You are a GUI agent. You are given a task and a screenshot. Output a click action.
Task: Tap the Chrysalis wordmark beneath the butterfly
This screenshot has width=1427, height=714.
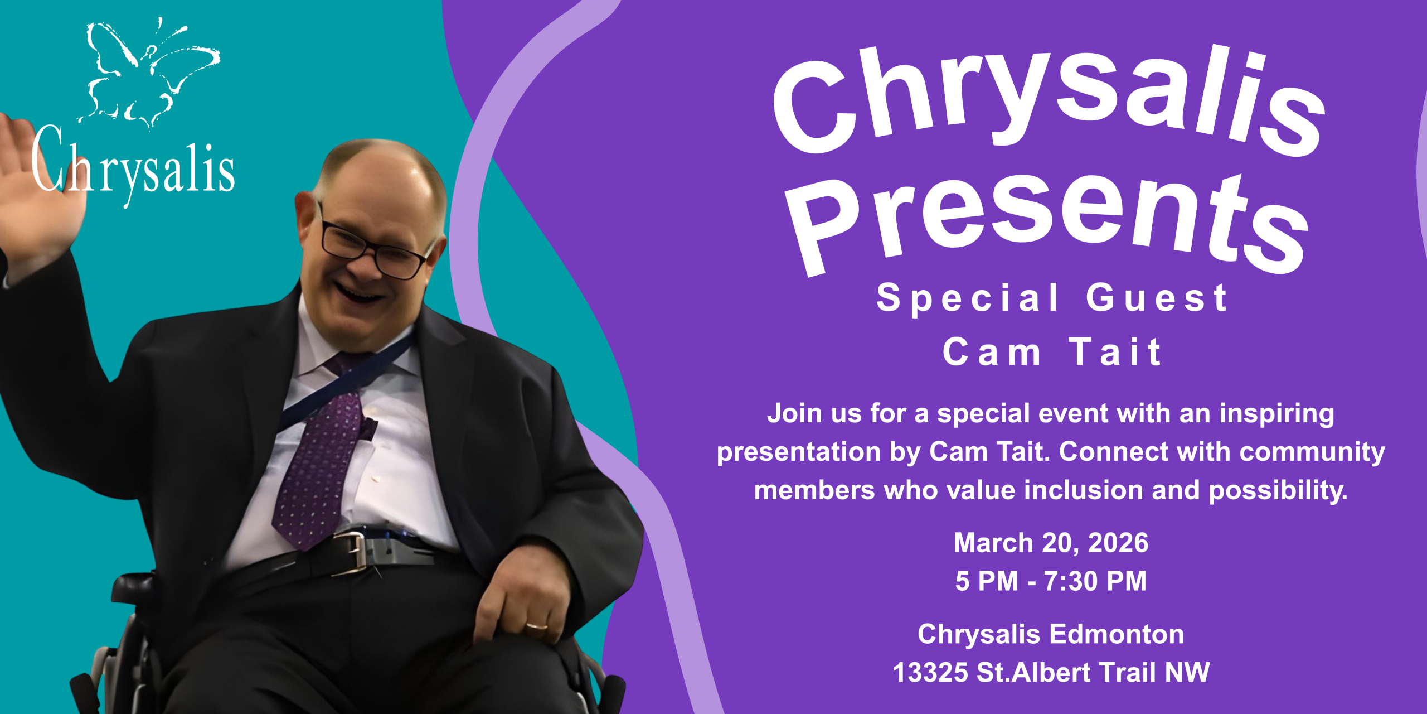click(x=133, y=166)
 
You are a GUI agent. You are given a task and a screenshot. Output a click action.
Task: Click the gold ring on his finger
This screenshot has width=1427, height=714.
click(x=536, y=627)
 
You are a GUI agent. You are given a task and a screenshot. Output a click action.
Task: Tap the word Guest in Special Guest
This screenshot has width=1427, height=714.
click(x=1157, y=298)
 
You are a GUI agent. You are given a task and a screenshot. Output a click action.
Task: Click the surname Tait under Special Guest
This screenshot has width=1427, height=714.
click(x=1115, y=352)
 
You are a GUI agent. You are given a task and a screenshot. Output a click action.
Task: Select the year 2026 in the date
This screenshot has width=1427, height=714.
click(x=1118, y=543)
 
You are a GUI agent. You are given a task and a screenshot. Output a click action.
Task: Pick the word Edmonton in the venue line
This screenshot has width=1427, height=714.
click(x=1117, y=635)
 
